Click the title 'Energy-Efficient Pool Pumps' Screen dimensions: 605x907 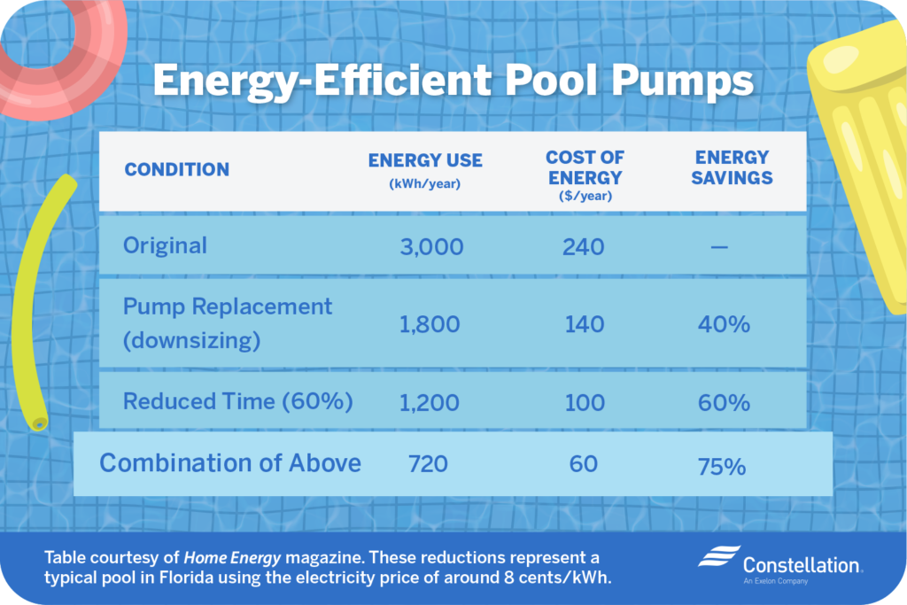point(453,82)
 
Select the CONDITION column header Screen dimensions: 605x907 point(176,169)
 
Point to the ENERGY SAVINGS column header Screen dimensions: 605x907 point(733,167)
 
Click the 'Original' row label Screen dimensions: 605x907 point(165,245)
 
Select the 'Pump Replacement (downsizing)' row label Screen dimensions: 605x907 point(228,323)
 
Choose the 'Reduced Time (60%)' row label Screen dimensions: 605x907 point(238,401)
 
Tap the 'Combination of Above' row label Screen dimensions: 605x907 point(230,462)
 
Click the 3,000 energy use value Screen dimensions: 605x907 point(431,246)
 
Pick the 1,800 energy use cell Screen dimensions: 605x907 point(430,324)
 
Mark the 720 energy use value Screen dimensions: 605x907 point(429,463)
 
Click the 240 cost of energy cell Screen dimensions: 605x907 point(583,246)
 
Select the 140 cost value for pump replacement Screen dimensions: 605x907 point(583,324)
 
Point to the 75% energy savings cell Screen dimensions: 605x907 point(721,466)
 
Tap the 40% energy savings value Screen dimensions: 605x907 point(723,324)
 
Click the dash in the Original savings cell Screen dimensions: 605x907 point(719,247)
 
